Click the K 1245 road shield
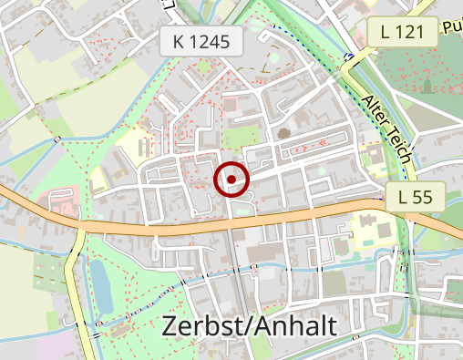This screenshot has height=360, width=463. (201, 40)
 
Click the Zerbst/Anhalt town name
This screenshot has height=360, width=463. (249, 326)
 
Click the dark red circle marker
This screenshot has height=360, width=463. (231, 180)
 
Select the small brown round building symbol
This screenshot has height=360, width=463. (284, 134)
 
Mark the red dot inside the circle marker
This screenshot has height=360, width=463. (231, 180)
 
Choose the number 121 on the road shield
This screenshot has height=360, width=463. (410, 32)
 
